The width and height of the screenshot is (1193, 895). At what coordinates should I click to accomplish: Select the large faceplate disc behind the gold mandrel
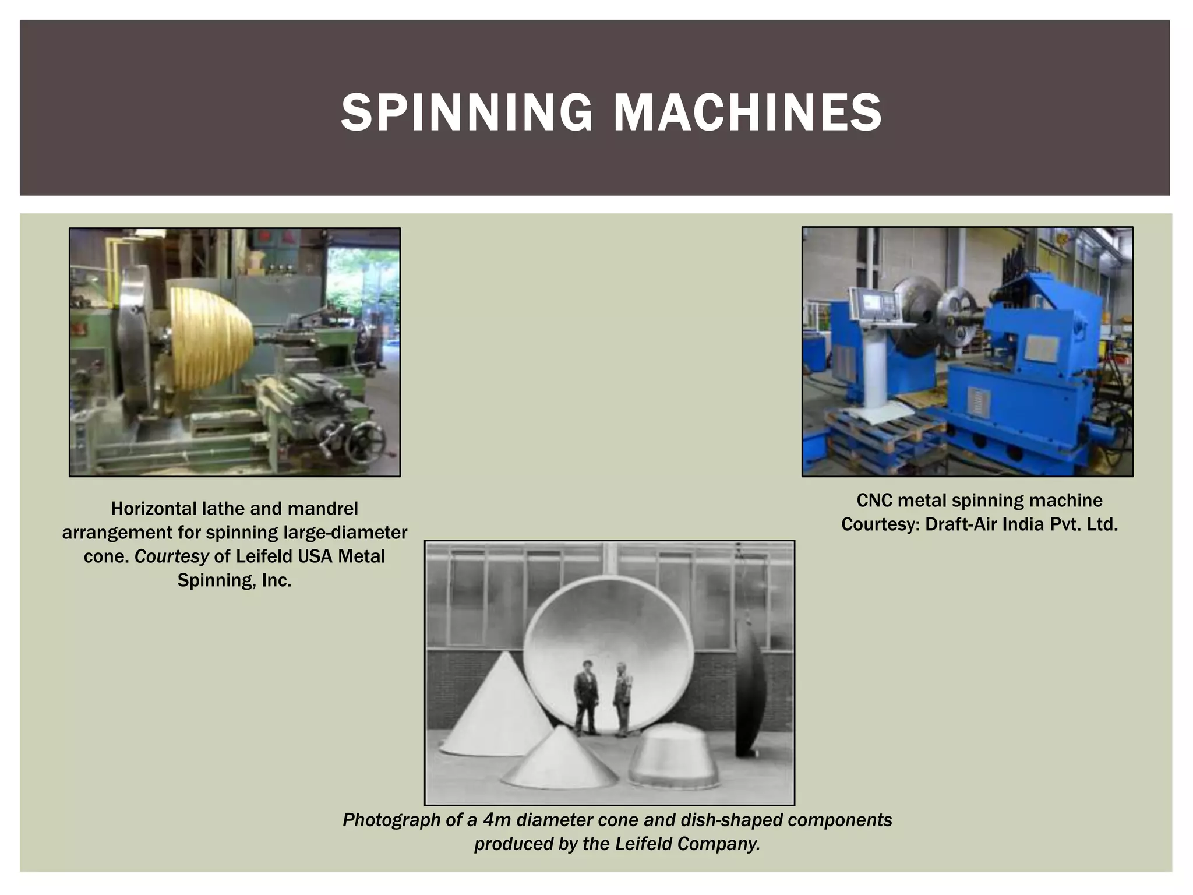click(x=135, y=344)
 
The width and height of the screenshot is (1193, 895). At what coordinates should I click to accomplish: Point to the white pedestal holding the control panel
click(x=873, y=373)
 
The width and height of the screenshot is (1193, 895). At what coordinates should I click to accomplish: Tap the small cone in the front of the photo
click(x=559, y=757)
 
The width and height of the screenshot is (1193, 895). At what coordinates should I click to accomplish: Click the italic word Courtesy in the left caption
click(x=171, y=556)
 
